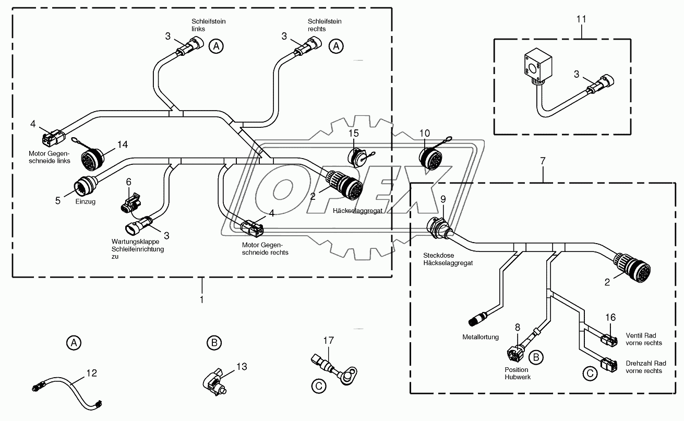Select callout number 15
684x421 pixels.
tap(354, 134)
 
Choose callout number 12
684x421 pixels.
tap(91, 373)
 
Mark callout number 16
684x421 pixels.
tap(610, 317)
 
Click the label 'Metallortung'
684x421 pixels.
tap(481, 337)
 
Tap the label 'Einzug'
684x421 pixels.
tap(86, 202)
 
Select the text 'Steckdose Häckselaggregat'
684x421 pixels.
tap(448, 260)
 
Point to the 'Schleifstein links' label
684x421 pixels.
tap(208, 25)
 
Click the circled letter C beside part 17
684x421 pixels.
tap(317, 386)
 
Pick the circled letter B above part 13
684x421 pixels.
tap(213, 343)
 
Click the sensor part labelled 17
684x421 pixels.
tap(331, 368)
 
